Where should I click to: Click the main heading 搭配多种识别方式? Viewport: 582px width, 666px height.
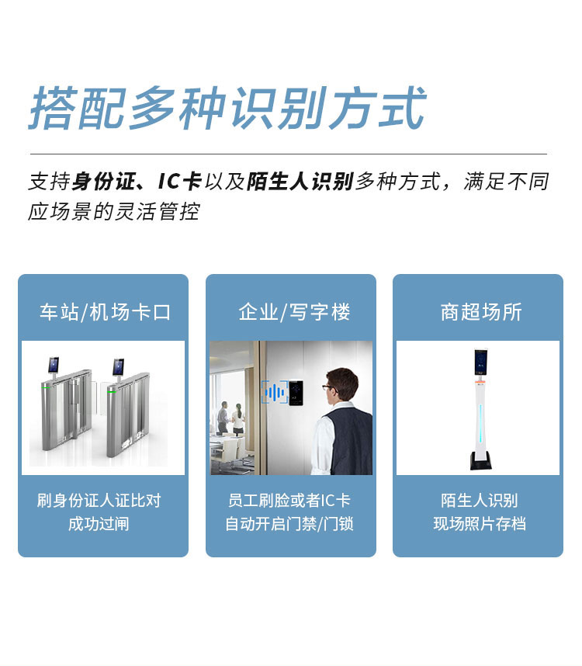[227, 108]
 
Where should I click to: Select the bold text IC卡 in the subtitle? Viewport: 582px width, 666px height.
[178, 182]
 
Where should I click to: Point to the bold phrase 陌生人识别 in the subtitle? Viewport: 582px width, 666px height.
[300, 182]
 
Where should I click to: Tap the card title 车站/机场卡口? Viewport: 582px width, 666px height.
[106, 312]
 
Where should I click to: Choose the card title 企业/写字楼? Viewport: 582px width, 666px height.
[294, 312]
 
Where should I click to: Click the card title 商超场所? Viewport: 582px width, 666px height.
[481, 312]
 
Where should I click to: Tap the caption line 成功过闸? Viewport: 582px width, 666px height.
[99, 524]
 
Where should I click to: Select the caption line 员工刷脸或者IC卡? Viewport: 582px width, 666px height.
[289, 501]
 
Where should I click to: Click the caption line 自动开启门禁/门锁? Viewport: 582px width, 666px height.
[289, 524]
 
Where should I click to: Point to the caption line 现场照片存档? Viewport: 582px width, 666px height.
[480, 524]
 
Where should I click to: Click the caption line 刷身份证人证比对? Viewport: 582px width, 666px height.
[99, 501]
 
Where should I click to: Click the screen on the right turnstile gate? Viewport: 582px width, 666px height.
[119, 367]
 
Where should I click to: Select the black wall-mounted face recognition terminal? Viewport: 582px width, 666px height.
[296, 393]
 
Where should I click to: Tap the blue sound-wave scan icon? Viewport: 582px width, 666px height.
[275, 392]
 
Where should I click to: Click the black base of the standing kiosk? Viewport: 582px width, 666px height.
[481, 460]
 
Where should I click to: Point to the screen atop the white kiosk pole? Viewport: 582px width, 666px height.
[481, 362]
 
